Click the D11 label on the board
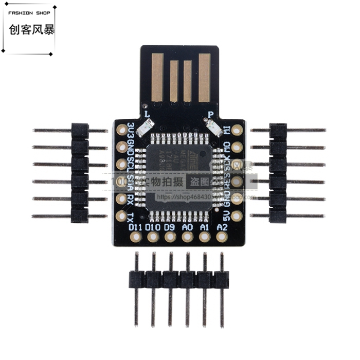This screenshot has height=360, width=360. click(x=135, y=227)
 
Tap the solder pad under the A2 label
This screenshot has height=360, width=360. click(x=222, y=237)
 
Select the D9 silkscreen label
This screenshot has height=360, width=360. click(x=170, y=227)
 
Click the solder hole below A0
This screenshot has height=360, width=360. click(x=187, y=237)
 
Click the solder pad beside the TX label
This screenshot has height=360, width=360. click(x=121, y=216)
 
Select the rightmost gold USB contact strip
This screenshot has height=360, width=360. click(x=204, y=77)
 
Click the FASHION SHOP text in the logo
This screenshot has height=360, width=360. click(x=28, y=13)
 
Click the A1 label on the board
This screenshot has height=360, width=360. click(x=205, y=227)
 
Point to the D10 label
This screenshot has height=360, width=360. click(x=152, y=227)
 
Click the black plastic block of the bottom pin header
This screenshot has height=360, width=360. click(x=178, y=280)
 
